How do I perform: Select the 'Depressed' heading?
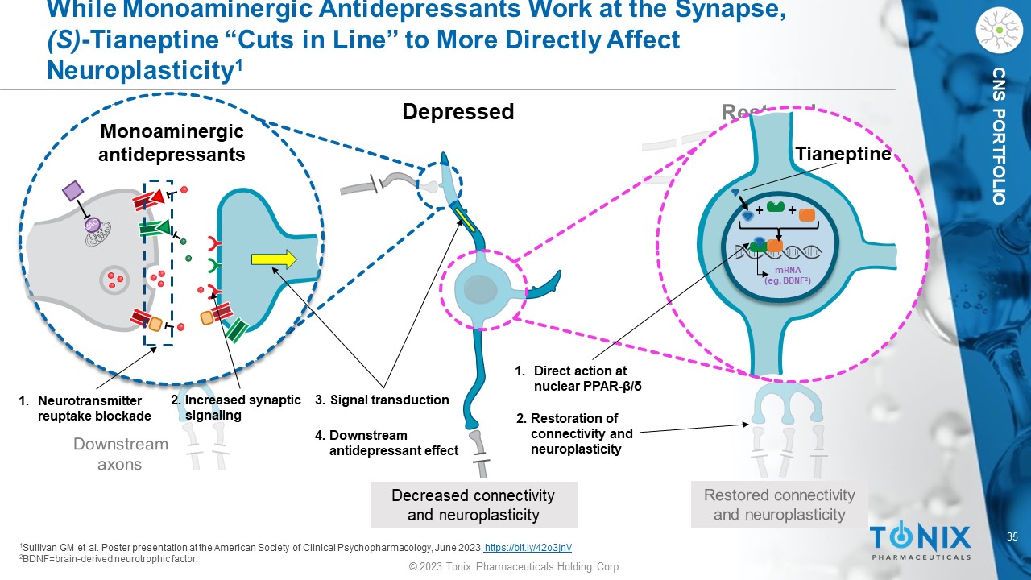tap(458, 112)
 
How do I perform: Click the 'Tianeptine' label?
tap(843, 154)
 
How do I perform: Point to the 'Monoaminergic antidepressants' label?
tap(171, 143)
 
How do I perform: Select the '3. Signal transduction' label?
tap(382, 400)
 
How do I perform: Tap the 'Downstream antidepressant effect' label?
tap(387, 443)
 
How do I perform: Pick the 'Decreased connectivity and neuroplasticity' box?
tap(473, 505)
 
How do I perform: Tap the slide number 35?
tap(1013, 536)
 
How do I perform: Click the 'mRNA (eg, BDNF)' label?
tap(787, 275)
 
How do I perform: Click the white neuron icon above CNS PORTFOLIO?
tap(999, 30)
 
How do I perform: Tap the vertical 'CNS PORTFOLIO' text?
tap(999, 135)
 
